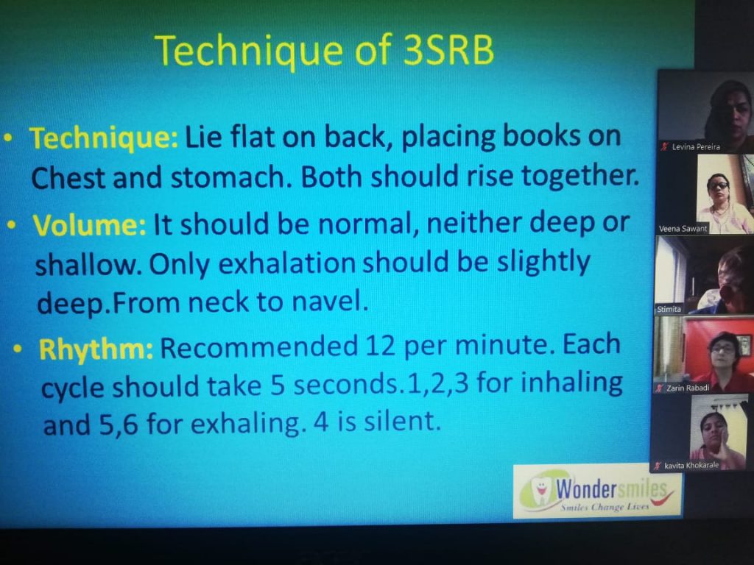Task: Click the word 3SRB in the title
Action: pyautogui.click(x=448, y=49)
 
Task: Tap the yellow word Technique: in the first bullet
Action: pyautogui.click(x=104, y=138)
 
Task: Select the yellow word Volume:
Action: pyautogui.click(x=89, y=224)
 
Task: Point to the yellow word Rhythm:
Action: pyautogui.click(x=96, y=348)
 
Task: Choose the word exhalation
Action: pyautogui.click(x=287, y=264)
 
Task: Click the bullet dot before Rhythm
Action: pyautogui.click(x=18, y=349)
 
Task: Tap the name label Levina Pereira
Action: pyautogui.click(x=695, y=147)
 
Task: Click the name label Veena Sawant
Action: pyautogui.click(x=683, y=229)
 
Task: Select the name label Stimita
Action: pyautogui.click(x=669, y=309)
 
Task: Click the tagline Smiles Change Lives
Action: pyautogui.click(x=605, y=507)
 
